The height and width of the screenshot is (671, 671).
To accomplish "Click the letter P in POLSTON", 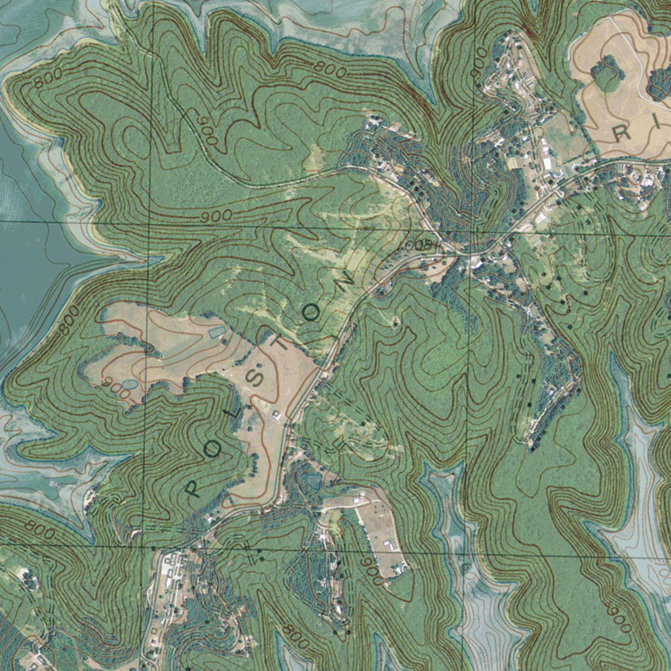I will (x=192, y=488).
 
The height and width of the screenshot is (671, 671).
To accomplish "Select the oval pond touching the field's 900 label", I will (x=130, y=383).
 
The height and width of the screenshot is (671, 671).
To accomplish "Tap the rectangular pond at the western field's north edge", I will (x=217, y=332).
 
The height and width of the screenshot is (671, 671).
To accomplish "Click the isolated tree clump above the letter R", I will (x=607, y=73).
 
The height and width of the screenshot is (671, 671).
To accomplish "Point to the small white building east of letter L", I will (x=276, y=413).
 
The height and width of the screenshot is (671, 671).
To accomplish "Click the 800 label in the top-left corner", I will (x=47, y=79).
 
